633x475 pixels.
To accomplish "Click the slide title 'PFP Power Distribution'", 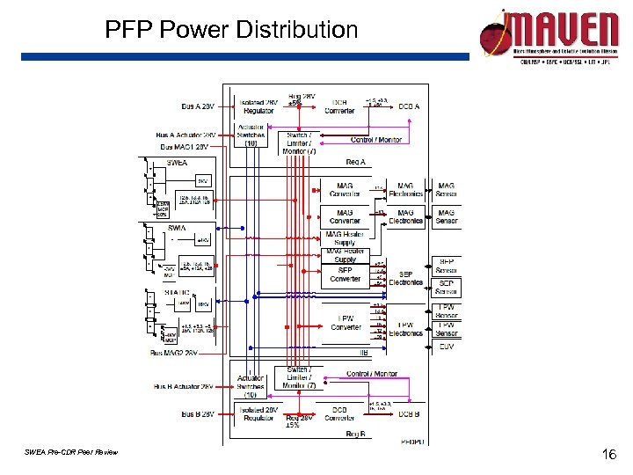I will click(231, 31).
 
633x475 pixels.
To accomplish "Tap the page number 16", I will click(607, 455).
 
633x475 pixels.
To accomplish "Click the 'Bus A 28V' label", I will click(198, 106).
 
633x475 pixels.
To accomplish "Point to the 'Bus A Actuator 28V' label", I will click(185, 135).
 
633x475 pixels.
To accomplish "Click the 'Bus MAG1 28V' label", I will click(185, 147).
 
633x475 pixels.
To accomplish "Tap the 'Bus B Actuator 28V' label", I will click(185, 386).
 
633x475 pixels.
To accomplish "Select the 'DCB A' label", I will click(409, 107).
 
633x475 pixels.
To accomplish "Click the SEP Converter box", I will click(346, 274).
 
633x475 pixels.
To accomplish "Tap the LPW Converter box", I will click(346, 324).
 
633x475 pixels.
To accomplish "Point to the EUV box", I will click(446, 347).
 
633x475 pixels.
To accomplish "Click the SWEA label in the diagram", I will click(176, 163).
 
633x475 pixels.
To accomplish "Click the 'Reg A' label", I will click(355, 162).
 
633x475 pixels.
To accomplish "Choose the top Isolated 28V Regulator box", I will click(258, 106).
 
